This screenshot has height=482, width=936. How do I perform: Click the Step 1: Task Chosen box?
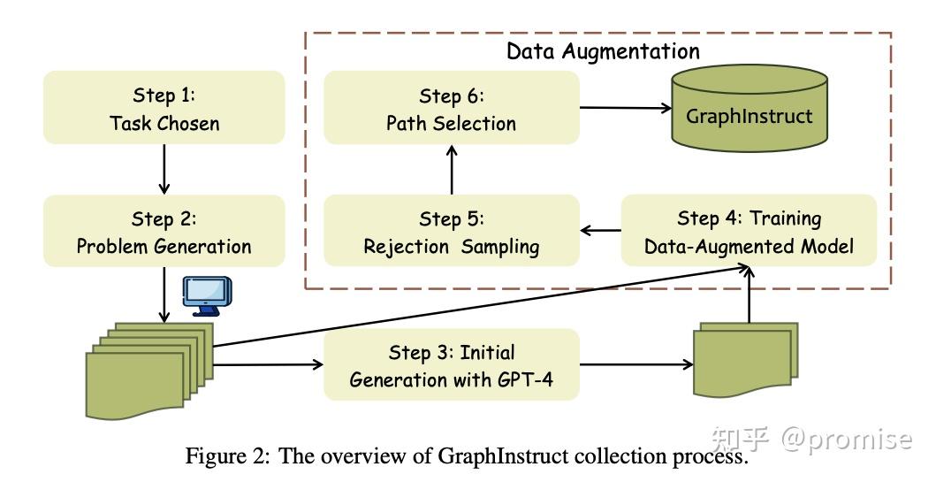[164, 108]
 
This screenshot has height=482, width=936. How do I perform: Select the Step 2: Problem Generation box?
[164, 232]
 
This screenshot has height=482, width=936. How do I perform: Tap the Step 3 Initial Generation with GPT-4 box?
[451, 364]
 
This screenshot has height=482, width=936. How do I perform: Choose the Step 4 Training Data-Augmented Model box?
[749, 232]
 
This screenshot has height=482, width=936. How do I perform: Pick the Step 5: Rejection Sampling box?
[451, 232]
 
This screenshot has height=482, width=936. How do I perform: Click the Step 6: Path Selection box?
[451, 108]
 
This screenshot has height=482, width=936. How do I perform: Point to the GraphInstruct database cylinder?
[749, 112]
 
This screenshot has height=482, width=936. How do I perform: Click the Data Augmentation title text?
[603, 50]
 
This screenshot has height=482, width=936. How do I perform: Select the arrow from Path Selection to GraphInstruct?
[624, 109]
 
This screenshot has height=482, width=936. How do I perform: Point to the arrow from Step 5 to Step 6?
[451, 170]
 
